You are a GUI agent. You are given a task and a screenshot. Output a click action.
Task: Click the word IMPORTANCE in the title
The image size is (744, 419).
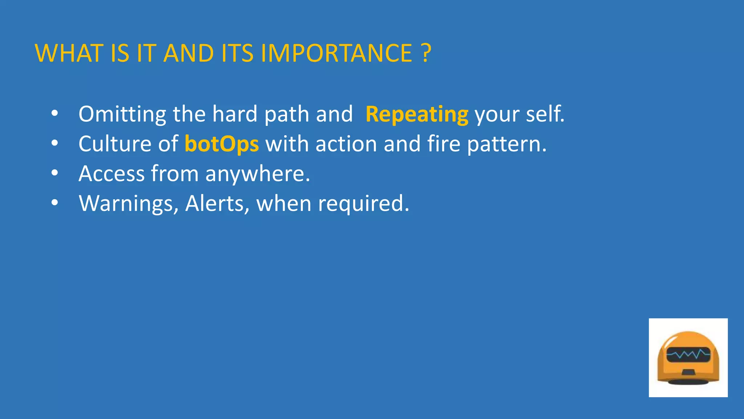[x=336, y=53]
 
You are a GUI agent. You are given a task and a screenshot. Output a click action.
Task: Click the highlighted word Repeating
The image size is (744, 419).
[x=417, y=115]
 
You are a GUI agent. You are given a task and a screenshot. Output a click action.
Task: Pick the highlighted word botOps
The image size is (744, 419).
[x=222, y=144]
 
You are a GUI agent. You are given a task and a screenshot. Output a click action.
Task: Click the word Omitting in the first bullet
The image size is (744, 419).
[x=122, y=114]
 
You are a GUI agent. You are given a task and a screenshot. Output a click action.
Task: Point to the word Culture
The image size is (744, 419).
[x=115, y=144]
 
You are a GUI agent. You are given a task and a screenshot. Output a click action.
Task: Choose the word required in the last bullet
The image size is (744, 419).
[x=363, y=204]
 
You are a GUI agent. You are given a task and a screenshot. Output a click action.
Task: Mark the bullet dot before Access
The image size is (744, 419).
[x=54, y=173]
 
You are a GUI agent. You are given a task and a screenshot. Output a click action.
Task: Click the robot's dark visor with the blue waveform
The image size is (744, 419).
[x=688, y=354]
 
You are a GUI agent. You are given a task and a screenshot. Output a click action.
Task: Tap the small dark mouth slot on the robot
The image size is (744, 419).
[x=688, y=372]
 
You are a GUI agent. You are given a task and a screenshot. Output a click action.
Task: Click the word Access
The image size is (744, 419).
[x=112, y=174]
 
